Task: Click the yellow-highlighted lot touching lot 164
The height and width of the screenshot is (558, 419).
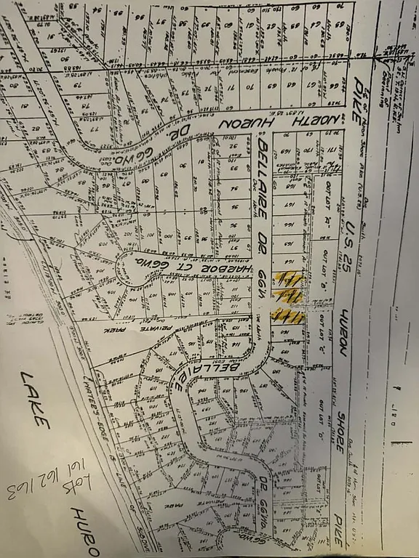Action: pyautogui.click(x=289, y=278)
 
